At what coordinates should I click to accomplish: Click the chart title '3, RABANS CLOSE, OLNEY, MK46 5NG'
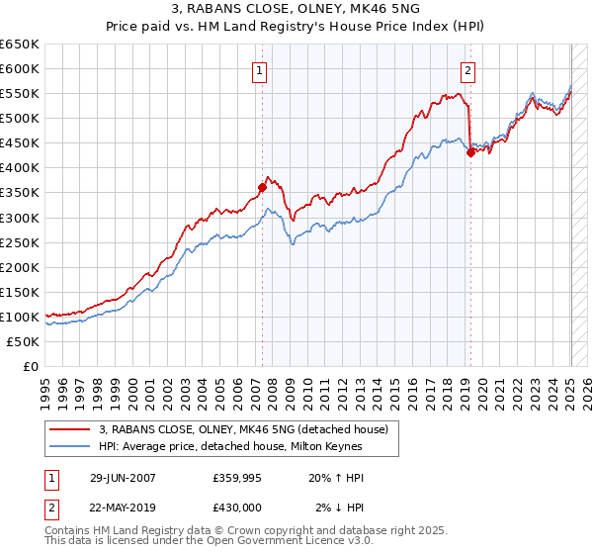pos(296,11)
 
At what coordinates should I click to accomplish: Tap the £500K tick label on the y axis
pos(20,118)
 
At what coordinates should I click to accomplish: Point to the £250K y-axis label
pos(20,242)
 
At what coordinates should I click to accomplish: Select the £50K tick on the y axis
pos(24,341)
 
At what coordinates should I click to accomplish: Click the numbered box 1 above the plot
pos(259,70)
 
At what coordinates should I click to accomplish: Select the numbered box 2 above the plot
pos(467,70)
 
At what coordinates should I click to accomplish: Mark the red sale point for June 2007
pos(262,187)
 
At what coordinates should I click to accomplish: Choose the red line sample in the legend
pos(71,429)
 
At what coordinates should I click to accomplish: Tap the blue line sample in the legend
pos(71,446)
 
